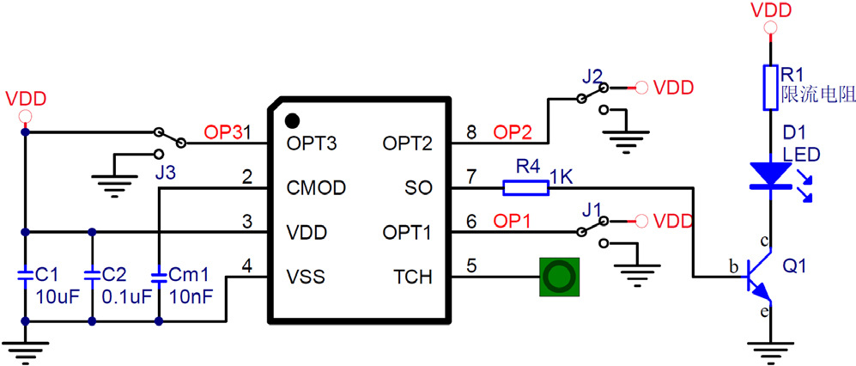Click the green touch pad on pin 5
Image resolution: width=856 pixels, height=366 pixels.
point(559,277)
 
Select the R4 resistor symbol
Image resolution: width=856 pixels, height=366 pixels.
point(525,187)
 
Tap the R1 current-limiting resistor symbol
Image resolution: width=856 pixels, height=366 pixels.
point(770,87)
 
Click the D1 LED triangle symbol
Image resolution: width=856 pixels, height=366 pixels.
point(770,175)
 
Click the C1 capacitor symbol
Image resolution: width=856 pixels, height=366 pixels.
point(25,276)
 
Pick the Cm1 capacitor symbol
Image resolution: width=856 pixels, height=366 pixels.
point(159,276)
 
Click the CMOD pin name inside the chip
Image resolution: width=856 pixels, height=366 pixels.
point(317,186)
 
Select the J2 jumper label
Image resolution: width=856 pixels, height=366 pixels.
point(592,75)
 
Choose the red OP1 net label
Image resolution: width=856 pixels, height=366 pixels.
point(513,221)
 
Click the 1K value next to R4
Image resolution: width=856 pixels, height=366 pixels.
point(562,176)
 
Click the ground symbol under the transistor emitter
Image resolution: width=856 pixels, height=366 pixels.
point(770,350)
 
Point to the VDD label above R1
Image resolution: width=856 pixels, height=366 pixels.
point(770,11)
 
